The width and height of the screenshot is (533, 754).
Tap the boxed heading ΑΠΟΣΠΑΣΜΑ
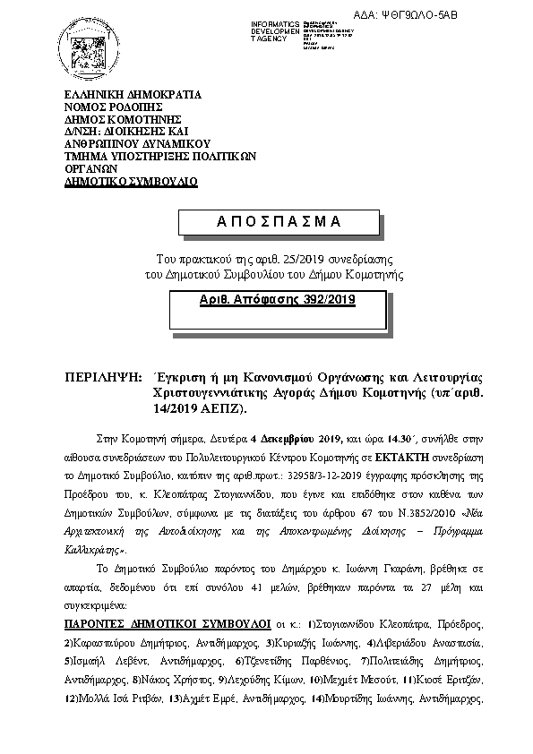268,221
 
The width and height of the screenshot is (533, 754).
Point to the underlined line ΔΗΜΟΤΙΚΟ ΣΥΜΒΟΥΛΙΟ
131,181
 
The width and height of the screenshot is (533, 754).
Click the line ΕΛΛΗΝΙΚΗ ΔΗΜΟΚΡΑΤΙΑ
133,94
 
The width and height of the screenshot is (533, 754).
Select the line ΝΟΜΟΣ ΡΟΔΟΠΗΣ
113,107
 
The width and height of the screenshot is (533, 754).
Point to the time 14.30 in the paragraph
393,438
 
